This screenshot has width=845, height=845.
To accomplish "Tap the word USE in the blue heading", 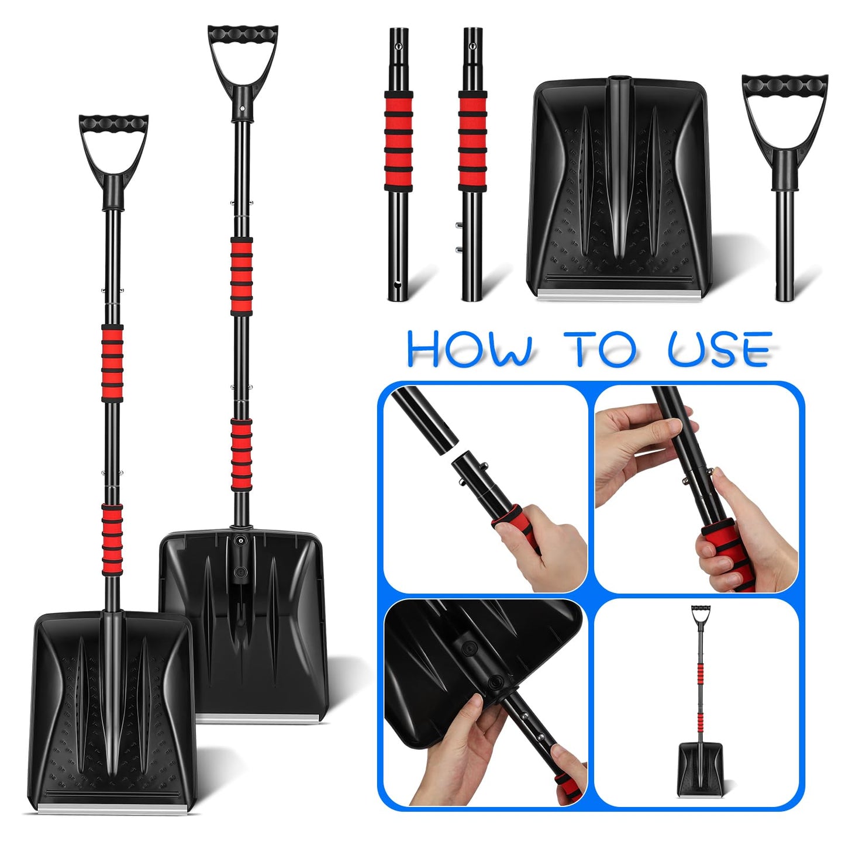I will (720, 350).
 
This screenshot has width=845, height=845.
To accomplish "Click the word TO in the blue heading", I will (600, 350).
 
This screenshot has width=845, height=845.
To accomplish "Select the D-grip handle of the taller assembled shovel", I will (243, 58).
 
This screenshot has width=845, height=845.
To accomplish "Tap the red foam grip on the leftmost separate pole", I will (398, 141).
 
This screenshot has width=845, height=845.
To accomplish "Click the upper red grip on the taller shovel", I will (241, 276).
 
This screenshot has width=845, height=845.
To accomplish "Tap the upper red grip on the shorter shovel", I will (112, 363).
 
